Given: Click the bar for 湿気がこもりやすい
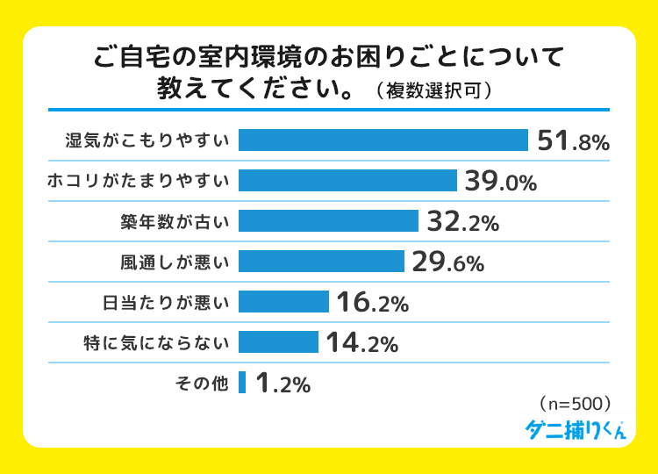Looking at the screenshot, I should point(383,140).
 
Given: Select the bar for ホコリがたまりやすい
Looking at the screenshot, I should point(347,181).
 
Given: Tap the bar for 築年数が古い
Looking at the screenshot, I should point(328,221).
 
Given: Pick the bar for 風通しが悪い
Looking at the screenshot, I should point(321,262).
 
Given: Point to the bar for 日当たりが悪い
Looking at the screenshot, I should point(283,302).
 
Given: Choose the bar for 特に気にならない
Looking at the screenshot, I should point(278,342).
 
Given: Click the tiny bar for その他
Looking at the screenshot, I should point(242,383).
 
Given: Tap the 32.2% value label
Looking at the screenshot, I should point(462,223).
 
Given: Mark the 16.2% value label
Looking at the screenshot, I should point(373,304).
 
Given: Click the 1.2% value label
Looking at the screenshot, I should point(283,384).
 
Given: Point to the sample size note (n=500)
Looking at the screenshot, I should point(572,404).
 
